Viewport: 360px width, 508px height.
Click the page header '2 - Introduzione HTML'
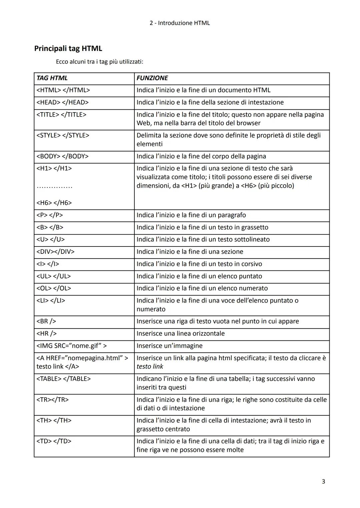[x=180, y=23]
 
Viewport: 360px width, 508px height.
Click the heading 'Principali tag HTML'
[x=68, y=49]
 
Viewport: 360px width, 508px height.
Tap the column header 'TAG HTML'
[x=52, y=78]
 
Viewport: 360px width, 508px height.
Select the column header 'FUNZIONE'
[x=152, y=78]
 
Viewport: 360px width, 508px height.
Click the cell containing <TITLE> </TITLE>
[x=61, y=115]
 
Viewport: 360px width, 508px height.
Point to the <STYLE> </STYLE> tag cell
[x=63, y=136]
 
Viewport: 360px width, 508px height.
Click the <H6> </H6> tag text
[x=54, y=203]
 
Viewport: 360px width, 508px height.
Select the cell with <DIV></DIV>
[x=55, y=252]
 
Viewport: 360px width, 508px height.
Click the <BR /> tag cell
[x=46, y=321]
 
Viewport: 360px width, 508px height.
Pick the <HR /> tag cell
[x=47, y=334]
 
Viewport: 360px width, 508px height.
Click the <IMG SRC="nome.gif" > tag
[x=71, y=346]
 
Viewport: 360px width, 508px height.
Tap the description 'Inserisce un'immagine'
[x=169, y=346]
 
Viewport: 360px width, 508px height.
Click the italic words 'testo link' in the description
[x=150, y=367]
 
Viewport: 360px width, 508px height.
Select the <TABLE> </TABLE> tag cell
[x=63, y=379]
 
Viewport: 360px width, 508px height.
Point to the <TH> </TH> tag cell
[x=54, y=421]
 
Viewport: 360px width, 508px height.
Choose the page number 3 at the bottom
[x=323, y=481]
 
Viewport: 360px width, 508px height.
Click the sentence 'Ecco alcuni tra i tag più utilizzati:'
[x=99, y=62]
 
